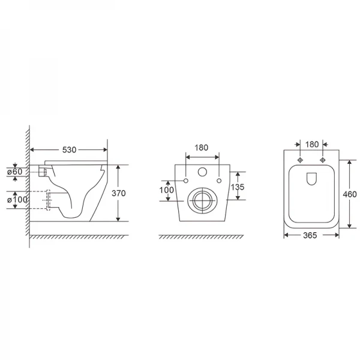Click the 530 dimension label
click(69, 150)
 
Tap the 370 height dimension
click(119, 193)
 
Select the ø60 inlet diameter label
click(14, 172)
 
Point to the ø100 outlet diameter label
click(17, 200)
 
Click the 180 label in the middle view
click(202, 148)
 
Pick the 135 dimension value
click(238, 187)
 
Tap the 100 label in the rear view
click(167, 190)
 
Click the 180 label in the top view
click(312, 145)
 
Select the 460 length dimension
click(350, 194)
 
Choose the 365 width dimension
click(310, 235)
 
